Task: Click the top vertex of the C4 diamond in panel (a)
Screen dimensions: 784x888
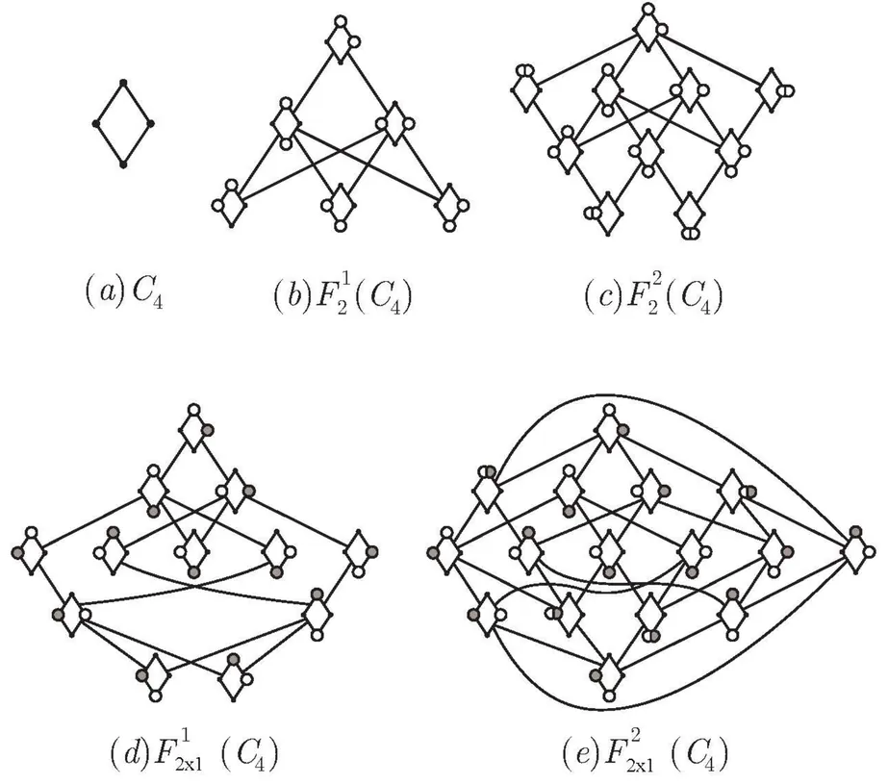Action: click(x=123, y=84)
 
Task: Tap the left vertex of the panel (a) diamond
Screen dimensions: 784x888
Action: click(x=96, y=124)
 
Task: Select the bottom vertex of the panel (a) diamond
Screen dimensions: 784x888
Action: click(x=123, y=165)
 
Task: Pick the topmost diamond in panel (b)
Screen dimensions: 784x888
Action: click(x=340, y=41)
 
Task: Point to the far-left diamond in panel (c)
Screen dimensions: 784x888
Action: click(x=524, y=90)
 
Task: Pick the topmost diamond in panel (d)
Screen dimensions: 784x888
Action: click(x=194, y=430)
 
